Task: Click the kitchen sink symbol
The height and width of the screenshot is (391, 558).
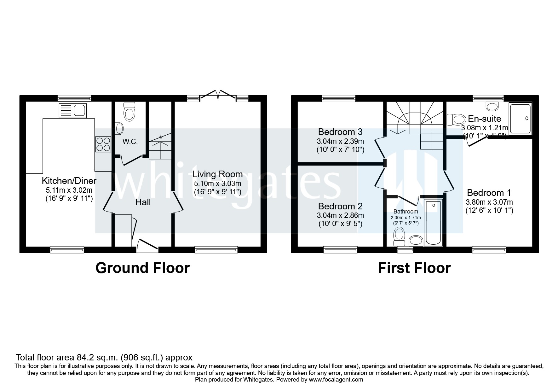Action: click(72, 110)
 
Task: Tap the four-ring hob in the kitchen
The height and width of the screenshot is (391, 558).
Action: click(103, 144)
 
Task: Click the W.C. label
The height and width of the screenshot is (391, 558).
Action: click(130, 142)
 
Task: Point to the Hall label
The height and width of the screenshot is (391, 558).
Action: click(143, 202)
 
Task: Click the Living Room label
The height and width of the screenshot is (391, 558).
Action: click(217, 174)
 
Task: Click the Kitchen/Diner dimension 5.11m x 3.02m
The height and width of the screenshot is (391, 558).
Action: click(69, 190)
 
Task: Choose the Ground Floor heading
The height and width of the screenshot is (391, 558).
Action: click(142, 268)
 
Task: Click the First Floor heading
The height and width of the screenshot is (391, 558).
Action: click(414, 268)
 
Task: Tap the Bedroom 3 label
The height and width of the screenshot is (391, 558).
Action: click(340, 131)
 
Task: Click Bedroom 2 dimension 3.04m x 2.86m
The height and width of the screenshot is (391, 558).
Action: click(340, 215)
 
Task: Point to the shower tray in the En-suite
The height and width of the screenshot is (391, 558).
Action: click(520, 118)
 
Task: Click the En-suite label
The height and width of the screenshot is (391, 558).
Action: click(485, 119)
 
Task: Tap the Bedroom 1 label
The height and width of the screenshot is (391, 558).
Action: click(489, 193)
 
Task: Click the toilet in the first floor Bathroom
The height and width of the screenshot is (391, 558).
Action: click(400, 236)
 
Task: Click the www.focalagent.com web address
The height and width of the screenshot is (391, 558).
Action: click(336, 380)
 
